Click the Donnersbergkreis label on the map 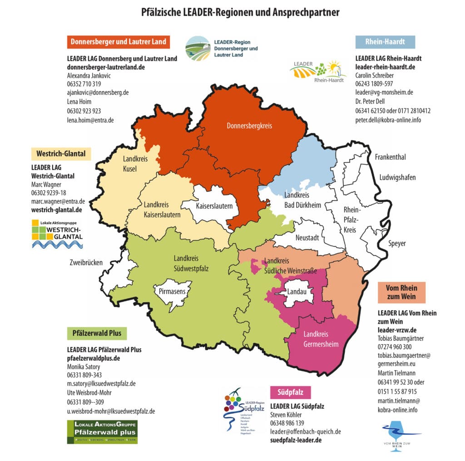point(249,126)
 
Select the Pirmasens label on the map point(172,291)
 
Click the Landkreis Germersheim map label point(321,339)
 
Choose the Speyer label point(396,244)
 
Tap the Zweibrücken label point(86,263)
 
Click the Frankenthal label point(390,157)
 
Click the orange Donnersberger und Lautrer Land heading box point(118,42)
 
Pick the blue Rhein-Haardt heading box point(385,42)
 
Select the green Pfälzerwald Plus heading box point(97,333)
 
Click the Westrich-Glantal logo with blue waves point(57,234)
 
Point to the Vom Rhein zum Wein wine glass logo point(400,435)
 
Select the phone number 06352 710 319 point(84,84)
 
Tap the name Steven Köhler point(287,415)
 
